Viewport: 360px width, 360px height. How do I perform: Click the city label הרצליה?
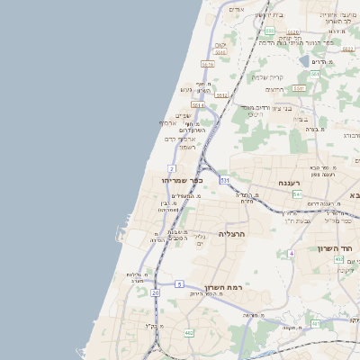point(232,233)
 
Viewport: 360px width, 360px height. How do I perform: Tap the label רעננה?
point(289,183)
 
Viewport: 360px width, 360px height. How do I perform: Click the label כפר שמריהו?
point(180,180)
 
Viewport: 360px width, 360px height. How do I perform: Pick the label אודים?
point(237,9)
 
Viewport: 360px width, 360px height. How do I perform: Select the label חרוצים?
point(274,89)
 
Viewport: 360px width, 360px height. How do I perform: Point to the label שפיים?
point(183,114)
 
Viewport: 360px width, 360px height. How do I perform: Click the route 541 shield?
point(297,193)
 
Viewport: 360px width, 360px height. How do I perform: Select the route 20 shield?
point(155,293)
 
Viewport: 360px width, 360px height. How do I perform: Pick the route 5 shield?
point(180,284)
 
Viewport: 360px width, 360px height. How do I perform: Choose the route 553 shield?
point(269,31)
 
